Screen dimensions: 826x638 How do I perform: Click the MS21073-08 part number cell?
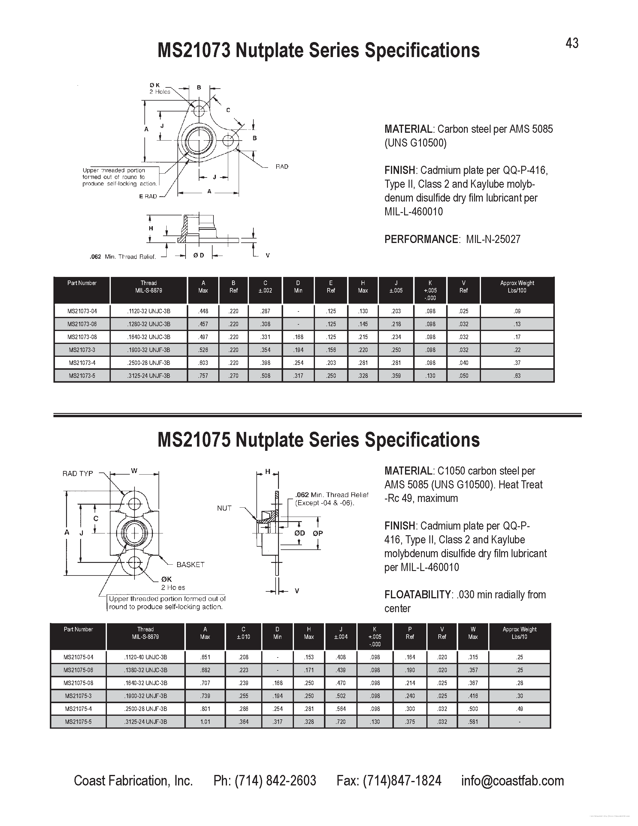(82, 337)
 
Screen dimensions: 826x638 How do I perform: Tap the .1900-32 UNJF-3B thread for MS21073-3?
(149, 350)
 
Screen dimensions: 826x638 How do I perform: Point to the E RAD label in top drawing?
(148, 196)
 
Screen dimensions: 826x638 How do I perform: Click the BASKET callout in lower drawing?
(190, 564)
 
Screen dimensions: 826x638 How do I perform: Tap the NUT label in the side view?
(224, 508)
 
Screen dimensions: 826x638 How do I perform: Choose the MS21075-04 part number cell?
(78, 657)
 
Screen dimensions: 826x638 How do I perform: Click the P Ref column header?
(410, 633)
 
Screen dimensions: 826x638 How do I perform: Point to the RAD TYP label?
(77, 473)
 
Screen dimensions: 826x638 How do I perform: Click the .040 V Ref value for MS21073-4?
(463, 363)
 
